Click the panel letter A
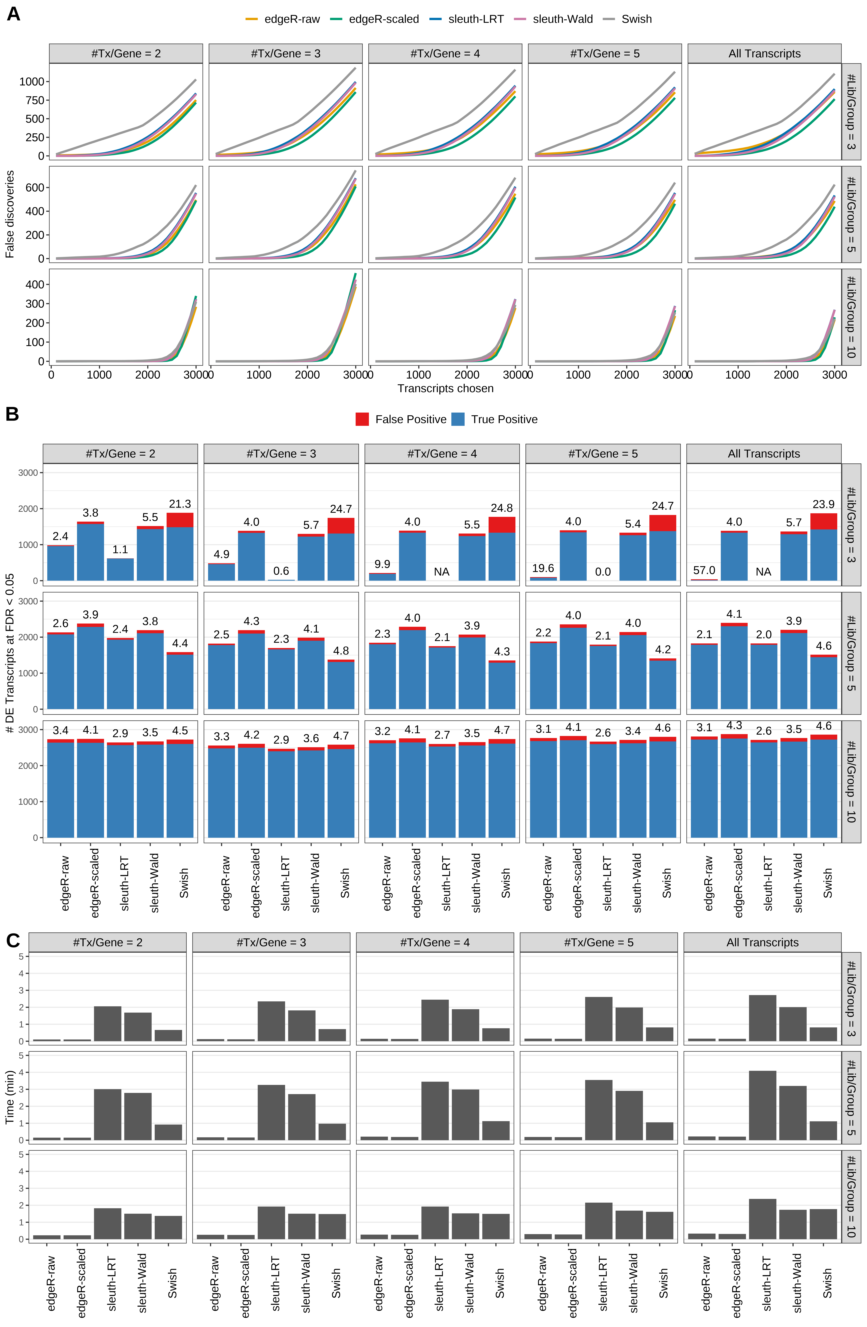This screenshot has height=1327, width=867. click(x=13, y=14)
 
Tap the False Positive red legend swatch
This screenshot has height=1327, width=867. click(x=362, y=419)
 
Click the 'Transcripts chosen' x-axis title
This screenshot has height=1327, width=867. click(x=445, y=389)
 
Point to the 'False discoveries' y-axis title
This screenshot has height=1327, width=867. click(x=10, y=214)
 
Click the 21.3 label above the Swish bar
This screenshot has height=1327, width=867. click(x=180, y=504)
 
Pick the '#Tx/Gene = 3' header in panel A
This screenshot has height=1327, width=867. click(x=285, y=54)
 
